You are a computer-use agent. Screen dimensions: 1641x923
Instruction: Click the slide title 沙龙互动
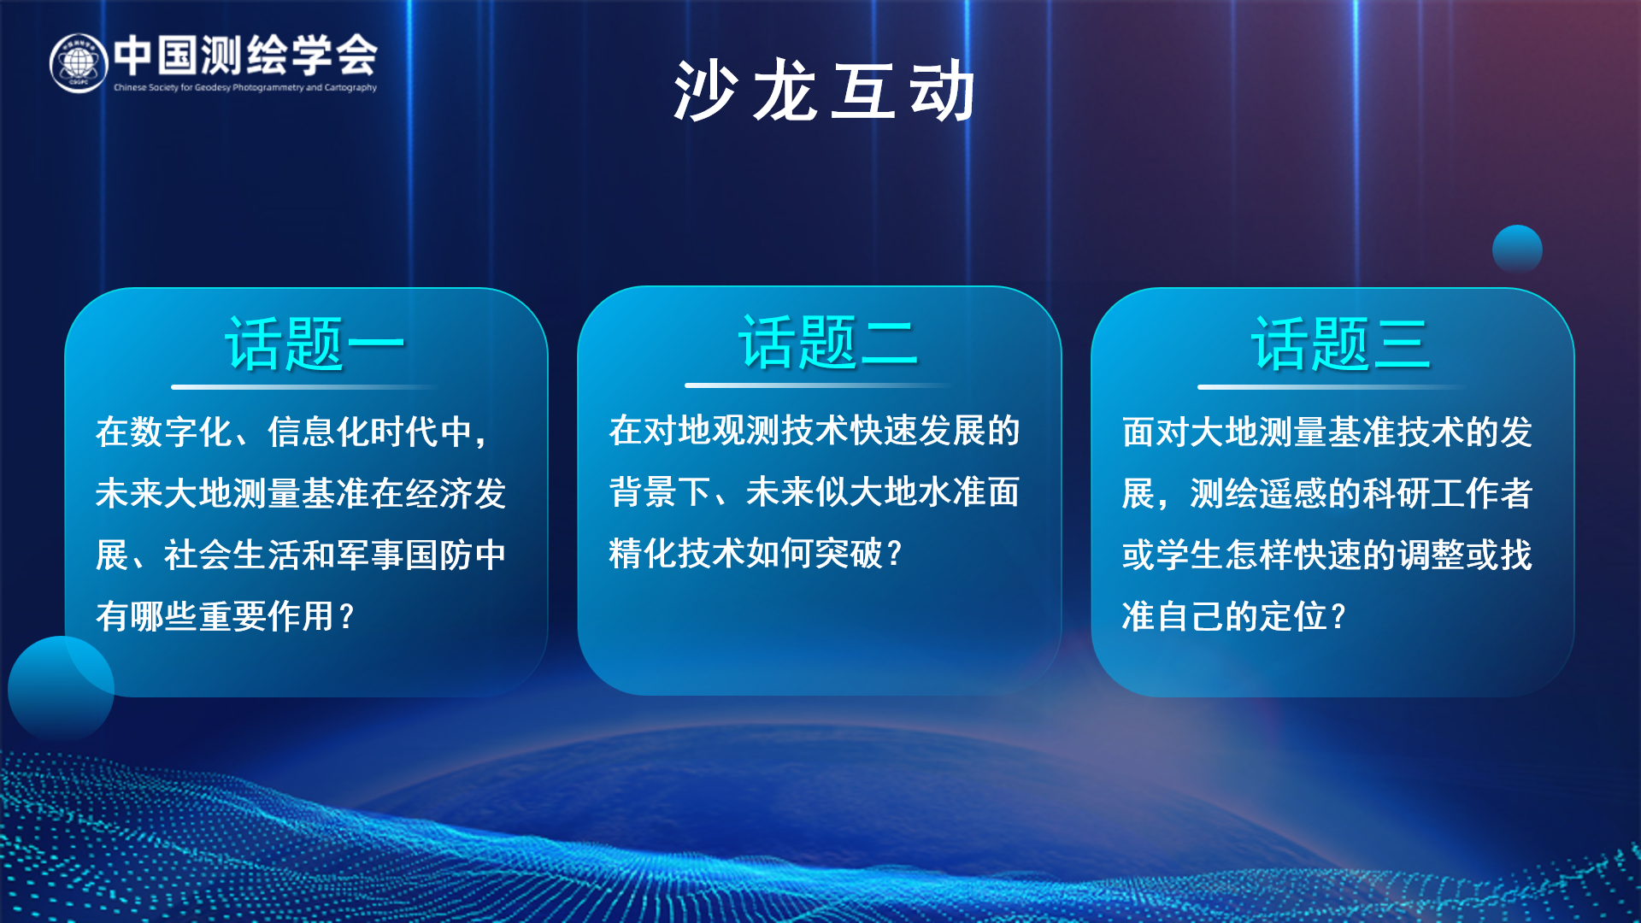(x=824, y=91)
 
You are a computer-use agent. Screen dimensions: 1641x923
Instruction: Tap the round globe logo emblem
(x=79, y=63)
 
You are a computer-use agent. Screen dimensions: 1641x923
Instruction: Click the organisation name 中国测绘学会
(x=246, y=55)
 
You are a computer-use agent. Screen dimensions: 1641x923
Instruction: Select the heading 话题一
(x=314, y=344)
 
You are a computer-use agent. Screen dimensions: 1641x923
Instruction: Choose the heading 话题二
(x=827, y=342)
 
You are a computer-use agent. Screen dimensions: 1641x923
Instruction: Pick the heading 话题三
(x=1340, y=344)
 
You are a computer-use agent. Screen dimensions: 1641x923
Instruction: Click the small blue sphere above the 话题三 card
(x=1517, y=250)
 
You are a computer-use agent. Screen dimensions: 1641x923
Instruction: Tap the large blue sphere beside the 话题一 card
(x=61, y=689)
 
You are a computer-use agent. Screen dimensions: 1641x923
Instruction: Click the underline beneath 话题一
(x=305, y=387)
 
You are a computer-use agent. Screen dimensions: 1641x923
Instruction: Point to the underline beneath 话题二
(x=819, y=385)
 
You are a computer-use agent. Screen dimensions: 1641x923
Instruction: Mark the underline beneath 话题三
(x=1332, y=387)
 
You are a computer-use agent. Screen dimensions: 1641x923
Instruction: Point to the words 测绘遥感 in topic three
(x=1259, y=493)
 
